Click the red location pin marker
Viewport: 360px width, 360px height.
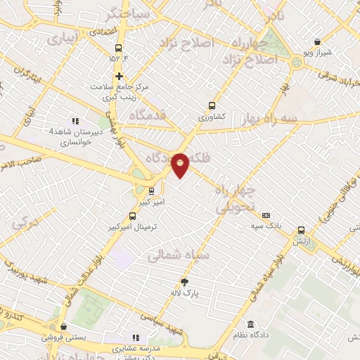181,165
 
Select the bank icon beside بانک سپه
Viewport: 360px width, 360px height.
266,216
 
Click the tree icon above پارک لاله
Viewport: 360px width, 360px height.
185,283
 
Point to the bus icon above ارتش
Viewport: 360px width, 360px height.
302,230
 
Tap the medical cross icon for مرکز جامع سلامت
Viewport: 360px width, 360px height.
119,76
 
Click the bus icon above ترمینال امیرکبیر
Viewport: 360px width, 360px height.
133,217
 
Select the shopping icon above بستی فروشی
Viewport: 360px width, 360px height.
64,327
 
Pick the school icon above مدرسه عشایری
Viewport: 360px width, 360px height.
136,337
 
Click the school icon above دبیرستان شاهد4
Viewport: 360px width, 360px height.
76,121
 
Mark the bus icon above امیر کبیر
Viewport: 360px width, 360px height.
151,191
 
